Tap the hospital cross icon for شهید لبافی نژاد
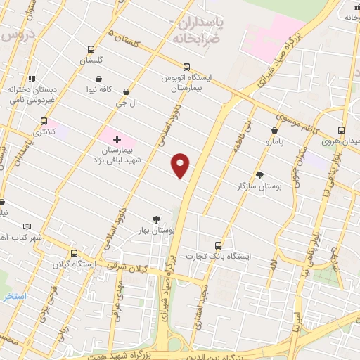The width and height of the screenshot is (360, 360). [x=116, y=140]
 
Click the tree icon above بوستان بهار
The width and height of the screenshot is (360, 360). [x=156, y=219]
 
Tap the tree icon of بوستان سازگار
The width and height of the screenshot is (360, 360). [x=259, y=174]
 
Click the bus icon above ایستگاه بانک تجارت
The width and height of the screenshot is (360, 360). [x=218, y=245]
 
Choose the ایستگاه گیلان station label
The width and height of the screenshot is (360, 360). [x=73, y=264]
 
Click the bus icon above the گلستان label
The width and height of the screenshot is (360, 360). [x=91, y=49]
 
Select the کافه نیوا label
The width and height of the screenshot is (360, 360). [x=99, y=90]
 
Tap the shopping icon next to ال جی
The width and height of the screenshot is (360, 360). [x=126, y=91]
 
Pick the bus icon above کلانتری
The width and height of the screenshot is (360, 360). [x=44, y=120]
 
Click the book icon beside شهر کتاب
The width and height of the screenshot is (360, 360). [x=27, y=226]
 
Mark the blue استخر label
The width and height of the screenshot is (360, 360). [x=14, y=296]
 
